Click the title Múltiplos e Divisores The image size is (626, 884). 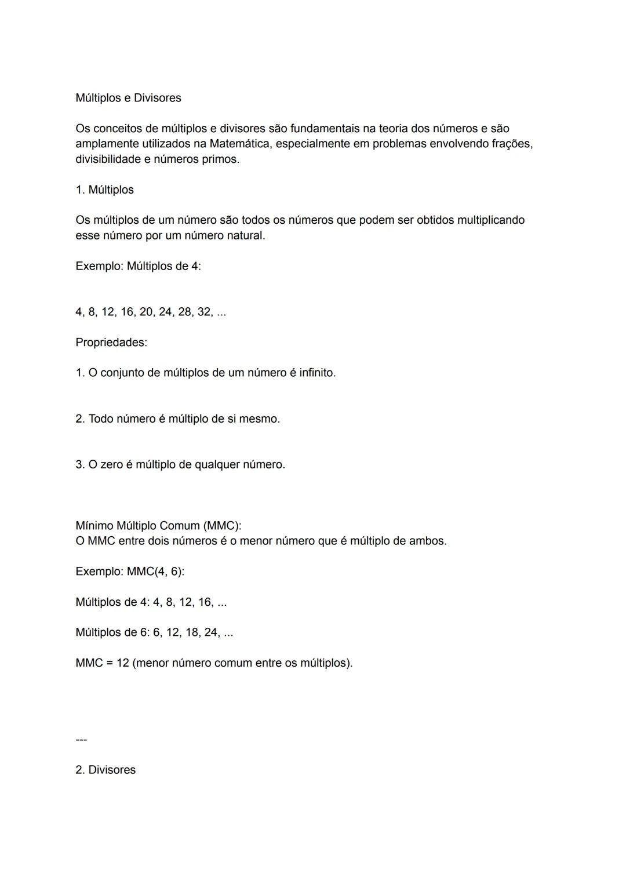(128, 98)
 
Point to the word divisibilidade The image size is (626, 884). (108, 159)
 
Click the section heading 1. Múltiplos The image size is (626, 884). (104, 190)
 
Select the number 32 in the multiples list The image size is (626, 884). (205, 312)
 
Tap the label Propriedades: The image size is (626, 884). (111, 343)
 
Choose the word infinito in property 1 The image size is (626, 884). (316, 373)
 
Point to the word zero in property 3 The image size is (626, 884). (111, 465)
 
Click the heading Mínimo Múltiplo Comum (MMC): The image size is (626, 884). (158, 526)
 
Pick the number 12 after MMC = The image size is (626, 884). (122, 663)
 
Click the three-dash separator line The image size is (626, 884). (81, 740)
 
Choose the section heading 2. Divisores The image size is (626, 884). (105, 770)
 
